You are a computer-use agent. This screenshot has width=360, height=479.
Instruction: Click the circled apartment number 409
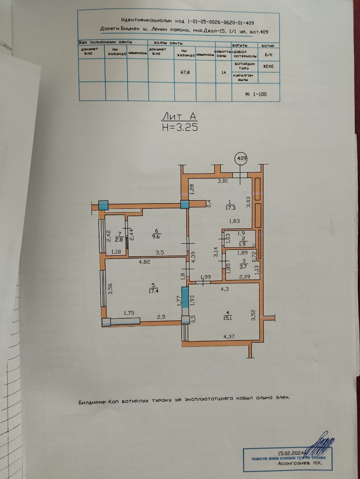coord(241,158)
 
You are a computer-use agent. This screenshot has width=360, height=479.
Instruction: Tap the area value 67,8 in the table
coord(185,73)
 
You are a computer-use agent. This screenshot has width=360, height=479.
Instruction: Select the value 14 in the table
coord(224,73)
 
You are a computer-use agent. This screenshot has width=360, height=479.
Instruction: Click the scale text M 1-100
coord(256,94)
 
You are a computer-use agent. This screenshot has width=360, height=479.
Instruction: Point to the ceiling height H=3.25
coord(180,127)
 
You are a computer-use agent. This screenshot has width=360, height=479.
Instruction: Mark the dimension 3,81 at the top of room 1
coord(223,181)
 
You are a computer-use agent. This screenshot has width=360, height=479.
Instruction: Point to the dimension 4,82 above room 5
coord(144,262)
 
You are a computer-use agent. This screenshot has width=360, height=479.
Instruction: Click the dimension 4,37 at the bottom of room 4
coord(230,336)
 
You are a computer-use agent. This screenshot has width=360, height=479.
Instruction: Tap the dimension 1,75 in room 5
coord(129,313)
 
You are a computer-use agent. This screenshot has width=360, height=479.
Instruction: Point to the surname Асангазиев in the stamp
coord(293,463)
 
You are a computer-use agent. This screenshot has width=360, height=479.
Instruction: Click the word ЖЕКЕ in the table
coord(268,67)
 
